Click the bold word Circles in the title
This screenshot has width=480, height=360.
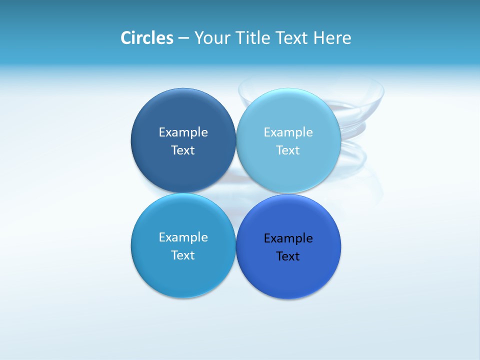point(147,38)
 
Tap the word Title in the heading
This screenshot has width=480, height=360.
point(254,38)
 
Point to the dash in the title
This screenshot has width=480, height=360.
point(183,38)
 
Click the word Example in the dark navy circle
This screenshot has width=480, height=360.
point(183,132)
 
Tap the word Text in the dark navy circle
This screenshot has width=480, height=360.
point(183,150)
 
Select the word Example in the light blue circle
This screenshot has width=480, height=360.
point(288,132)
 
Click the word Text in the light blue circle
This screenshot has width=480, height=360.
point(288,150)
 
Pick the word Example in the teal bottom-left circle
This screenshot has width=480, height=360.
point(183,237)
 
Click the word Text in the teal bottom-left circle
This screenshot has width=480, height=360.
point(183,255)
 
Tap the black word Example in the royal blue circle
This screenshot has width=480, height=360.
point(288,238)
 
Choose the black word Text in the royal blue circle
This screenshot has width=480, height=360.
point(288,256)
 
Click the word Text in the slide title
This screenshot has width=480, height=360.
point(293,38)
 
